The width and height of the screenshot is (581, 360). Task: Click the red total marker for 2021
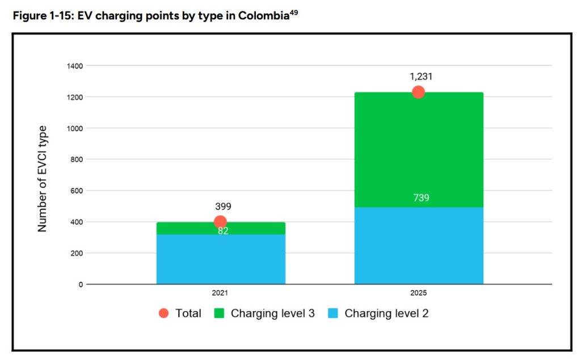220,222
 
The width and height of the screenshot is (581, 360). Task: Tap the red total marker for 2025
418,92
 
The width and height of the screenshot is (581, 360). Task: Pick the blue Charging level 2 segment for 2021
221,259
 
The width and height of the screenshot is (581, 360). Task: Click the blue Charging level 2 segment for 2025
419,245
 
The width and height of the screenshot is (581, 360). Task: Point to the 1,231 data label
421,77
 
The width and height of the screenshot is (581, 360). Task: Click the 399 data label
223,206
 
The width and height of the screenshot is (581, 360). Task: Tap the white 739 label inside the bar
422,198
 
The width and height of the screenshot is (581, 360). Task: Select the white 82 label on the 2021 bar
223,231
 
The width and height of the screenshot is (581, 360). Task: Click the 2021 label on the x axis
220,293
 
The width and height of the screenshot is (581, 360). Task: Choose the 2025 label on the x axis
418,293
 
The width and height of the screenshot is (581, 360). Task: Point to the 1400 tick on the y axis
75,66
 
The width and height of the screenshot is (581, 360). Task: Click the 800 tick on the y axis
77,160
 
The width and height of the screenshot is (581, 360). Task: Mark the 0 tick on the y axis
81,284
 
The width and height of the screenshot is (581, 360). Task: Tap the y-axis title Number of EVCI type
42,179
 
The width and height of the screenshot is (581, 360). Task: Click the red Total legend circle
163,313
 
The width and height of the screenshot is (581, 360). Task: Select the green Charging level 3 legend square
220,313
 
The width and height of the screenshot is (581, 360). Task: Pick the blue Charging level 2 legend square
333,313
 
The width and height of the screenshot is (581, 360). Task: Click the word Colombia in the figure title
263,15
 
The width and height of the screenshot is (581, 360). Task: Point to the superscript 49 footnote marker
293,12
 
